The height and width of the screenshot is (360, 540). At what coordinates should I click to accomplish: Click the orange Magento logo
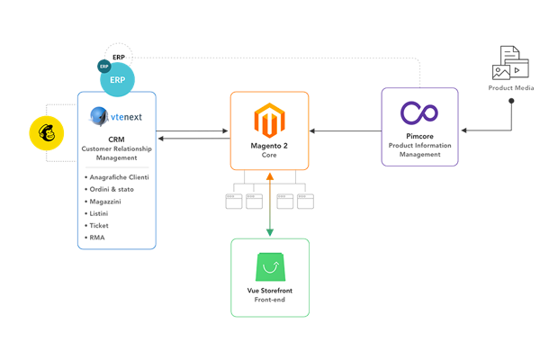269,121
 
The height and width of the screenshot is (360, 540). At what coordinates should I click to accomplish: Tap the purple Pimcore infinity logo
419,114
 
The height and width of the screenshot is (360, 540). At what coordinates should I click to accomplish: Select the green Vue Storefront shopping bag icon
270,267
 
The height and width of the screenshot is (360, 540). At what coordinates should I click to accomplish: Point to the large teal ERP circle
117,79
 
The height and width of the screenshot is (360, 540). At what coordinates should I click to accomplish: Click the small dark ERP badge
103,66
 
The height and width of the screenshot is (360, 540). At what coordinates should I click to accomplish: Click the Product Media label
511,88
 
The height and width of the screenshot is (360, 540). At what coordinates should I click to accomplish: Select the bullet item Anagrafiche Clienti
118,177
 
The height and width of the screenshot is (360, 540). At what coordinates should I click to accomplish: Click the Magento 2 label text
269,146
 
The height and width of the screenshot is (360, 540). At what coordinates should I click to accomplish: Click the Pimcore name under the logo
419,136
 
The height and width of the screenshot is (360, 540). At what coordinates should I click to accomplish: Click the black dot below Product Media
511,101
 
